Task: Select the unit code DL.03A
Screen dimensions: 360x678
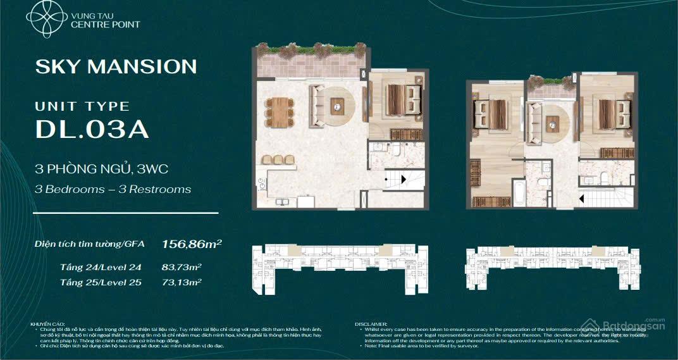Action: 92,128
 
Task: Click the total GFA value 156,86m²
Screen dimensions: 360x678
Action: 192,243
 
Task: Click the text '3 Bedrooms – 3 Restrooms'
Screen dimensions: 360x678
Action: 113,189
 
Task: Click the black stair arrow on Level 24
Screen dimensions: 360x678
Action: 386,180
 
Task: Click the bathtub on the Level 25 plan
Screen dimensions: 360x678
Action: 519,193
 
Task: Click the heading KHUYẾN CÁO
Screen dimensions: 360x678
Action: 47,324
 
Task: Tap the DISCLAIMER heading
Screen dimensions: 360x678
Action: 371,324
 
